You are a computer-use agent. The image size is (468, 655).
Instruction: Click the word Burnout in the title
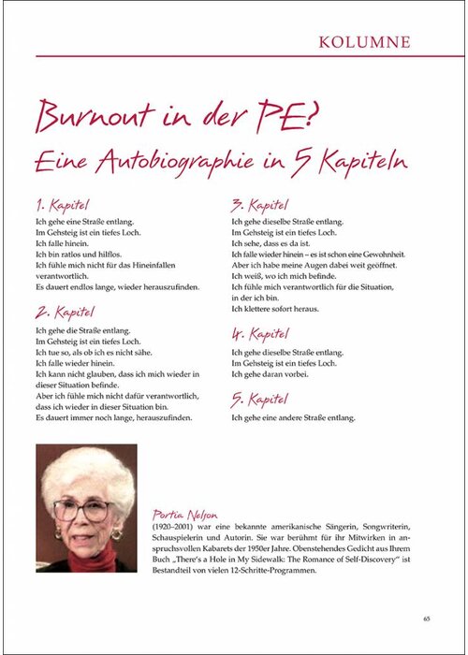pyautogui.click(x=97, y=117)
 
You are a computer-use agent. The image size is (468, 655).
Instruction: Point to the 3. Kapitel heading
pyautogui.click(x=260, y=205)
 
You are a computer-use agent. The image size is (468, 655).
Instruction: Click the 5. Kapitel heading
pyautogui.click(x=260, y=400)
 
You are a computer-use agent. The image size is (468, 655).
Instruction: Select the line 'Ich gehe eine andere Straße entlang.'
pyautogui.click(x=292, y=416)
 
